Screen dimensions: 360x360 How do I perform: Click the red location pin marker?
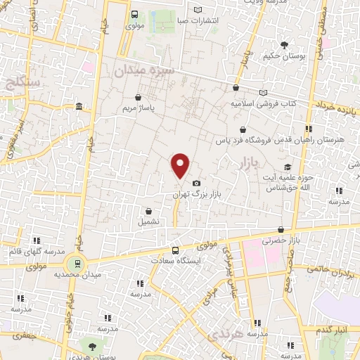pyautogui.click(x=181, y=165)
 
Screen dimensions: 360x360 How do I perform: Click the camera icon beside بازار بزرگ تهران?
pyautogui.click(x=196, y=184)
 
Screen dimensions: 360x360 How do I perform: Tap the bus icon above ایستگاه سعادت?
pyautogui.click(x=175, y=250)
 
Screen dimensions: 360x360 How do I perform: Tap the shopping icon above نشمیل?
pyautogui.click(x=148, y=210)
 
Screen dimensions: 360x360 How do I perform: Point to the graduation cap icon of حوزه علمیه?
pyautogui.click(x=287, y=167)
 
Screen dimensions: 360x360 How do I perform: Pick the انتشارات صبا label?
pyautogui.click(x=214, y=20)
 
